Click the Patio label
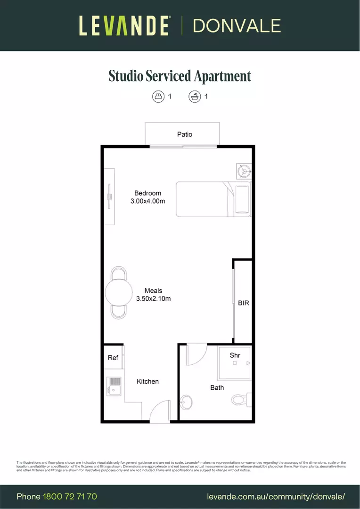(185, 134)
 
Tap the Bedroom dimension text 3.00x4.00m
(147, 201)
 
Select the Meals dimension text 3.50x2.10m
(153, 298)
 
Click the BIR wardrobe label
(243, 303)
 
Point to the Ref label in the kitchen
(113, 358)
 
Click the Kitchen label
(147, 381)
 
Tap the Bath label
(217, 387)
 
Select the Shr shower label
(235, 355)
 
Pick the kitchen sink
(114, 386)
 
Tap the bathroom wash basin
(186, 402)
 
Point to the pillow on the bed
(243, 200)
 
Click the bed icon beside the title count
(158, 97)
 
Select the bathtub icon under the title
(195, 97)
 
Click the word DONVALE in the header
(237, 25)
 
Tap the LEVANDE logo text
(124, 25)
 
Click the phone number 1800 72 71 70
(70, 496)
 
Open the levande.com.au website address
(276, 496)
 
